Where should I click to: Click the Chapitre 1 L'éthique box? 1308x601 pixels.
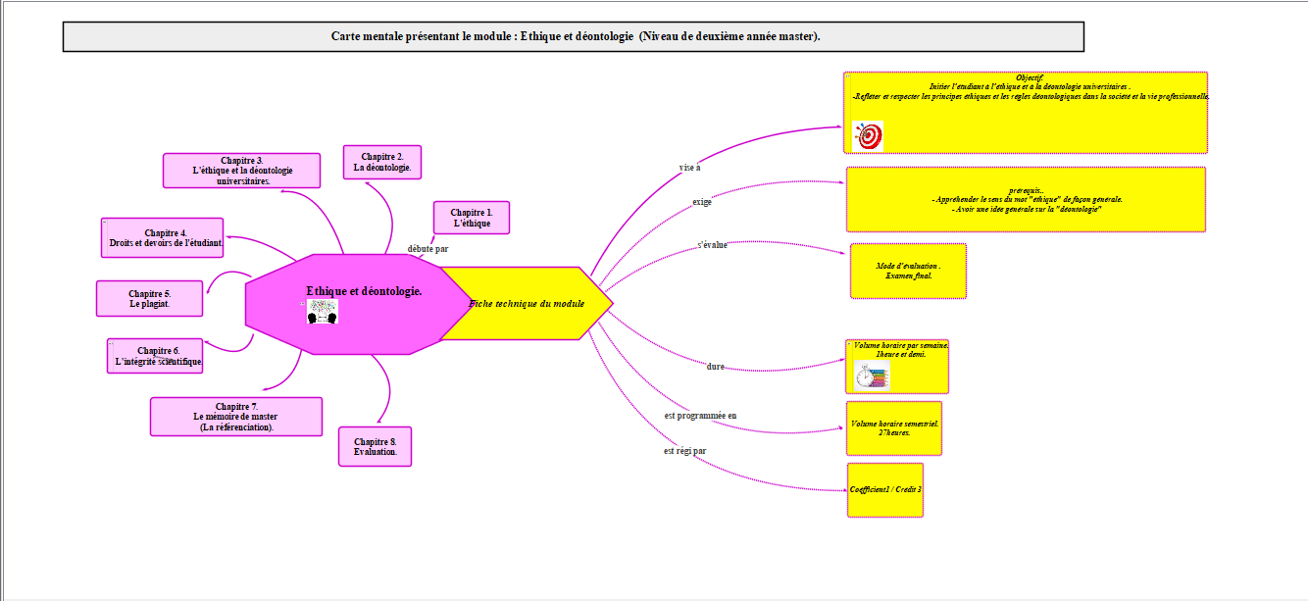(471, 218)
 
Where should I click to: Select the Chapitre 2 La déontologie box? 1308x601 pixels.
(382, 162)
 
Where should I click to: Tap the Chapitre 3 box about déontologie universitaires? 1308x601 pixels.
(241, 171)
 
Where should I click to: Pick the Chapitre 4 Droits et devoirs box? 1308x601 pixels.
(162, 238)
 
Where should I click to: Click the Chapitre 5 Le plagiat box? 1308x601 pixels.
(149, 299)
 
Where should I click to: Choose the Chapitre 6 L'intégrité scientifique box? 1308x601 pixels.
(157, 356)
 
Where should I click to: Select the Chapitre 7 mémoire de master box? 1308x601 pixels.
(235, 417)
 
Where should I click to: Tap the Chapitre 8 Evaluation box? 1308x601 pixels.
(375, 446)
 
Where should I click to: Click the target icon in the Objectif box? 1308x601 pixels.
(869, 136)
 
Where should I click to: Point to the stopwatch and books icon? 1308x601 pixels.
(872, 376)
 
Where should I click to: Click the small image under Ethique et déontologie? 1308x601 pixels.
(322, 312)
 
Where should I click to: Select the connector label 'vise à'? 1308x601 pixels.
(689, 168)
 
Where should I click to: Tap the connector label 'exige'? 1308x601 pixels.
(702, 202)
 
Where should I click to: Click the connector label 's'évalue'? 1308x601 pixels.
(712, 245)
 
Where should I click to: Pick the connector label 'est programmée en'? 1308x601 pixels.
(700, 416)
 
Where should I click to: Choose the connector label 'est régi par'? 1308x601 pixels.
(684, 451)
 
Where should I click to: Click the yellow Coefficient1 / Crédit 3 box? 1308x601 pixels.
(885, 489)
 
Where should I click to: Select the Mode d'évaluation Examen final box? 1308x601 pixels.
(908, 271)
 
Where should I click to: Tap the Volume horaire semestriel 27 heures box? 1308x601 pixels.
(893, 428)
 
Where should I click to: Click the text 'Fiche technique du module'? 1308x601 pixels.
(527, 304)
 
